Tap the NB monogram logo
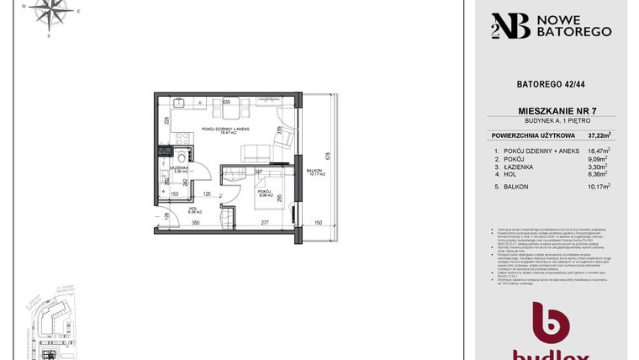pyautogui.click(x=509, y=25)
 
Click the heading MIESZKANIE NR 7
pyautogui.click(x=552, y=111)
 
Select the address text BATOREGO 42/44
pyautogui.click(x=551, y=84)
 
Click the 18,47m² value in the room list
pyautogui.click(x=599, y=151)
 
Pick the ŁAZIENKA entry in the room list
pyautogui.click(x=523, y=167)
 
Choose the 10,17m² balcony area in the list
pyautogui.click(x=599, y=187)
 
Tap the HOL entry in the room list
pyautogui.click(x=514, y=176)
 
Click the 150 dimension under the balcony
pyautogui.click(x=319, y=223)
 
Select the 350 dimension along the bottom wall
pyautogui.click(x=194, y=223)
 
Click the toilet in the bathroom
pyautogui.click(x=180, y=158)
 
